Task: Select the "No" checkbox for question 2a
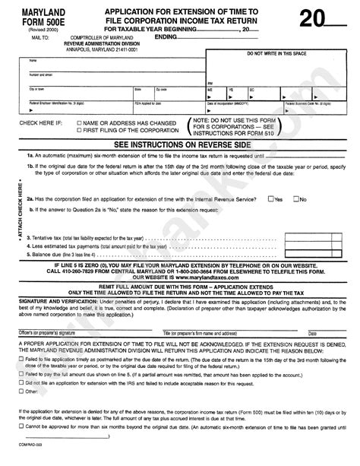[x=295, y=199]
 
